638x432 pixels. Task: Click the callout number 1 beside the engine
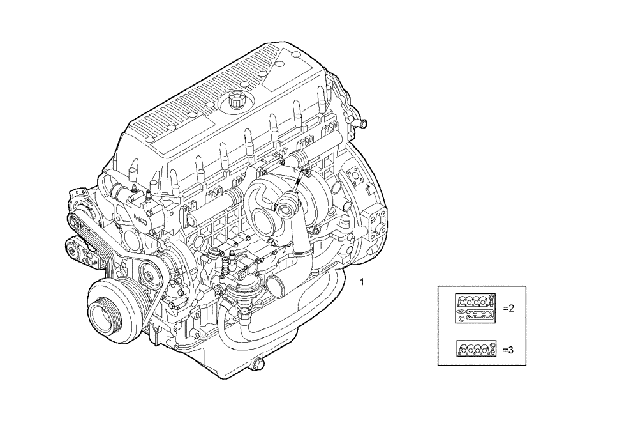362,282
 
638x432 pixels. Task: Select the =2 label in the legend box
508,308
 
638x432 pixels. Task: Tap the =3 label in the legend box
508,350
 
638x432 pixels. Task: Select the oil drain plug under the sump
258,365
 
